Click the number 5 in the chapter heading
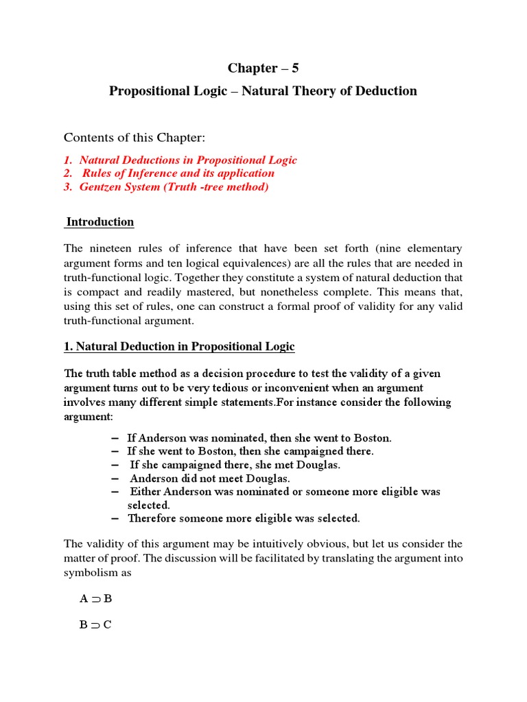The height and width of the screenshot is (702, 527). point(294,68)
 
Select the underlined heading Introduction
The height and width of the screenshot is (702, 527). point(100,222)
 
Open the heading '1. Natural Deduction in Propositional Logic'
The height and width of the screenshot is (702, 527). point(179,347)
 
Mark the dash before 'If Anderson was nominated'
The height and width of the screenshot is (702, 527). point(113,437)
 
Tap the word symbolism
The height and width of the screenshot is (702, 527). point(91,572)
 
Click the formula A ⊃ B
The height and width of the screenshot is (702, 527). point(95,599)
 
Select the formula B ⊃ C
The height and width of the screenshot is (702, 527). point(95,625)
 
